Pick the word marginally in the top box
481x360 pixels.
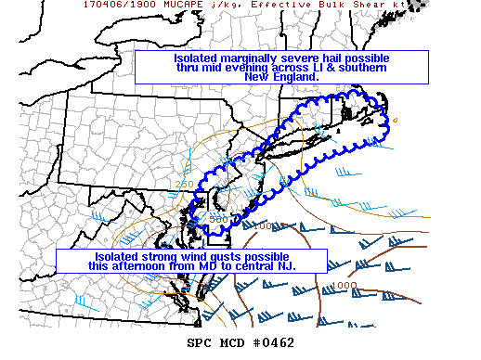(x=243, y=58)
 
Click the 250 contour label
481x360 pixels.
(x=184, y=185)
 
